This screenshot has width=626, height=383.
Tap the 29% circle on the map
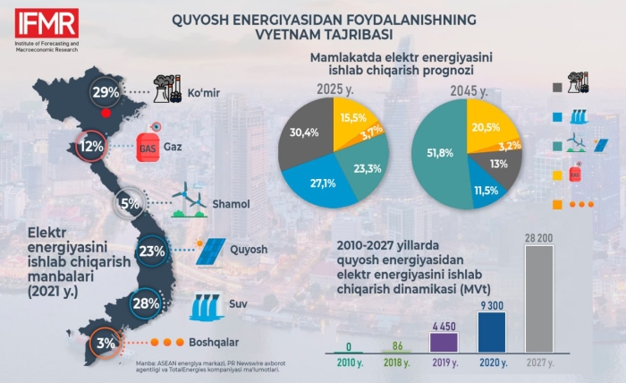pyautogui.click(x=106, y=92)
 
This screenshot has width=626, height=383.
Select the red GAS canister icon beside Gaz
pyautogui.click(x=148, y=146)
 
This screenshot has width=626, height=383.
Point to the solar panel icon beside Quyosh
pyautogui.click(x=213, y=251)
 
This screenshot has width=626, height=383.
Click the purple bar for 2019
pyautogui.click(x=444, y=341)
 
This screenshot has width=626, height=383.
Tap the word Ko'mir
pyautogui.click(x=205, y=92)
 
